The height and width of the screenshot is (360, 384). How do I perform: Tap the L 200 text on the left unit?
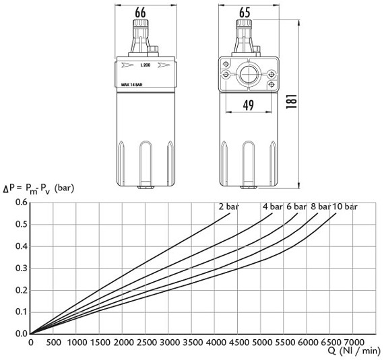145,65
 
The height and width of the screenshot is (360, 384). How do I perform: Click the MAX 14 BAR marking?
131,85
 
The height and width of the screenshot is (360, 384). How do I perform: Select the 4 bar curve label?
273,207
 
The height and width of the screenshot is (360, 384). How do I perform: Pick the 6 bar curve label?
297,207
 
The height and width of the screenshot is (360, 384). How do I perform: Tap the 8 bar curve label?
321,207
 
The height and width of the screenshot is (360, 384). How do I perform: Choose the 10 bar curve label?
345,207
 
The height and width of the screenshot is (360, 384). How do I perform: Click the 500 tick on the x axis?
54,343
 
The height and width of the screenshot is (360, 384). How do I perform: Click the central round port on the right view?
248,72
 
